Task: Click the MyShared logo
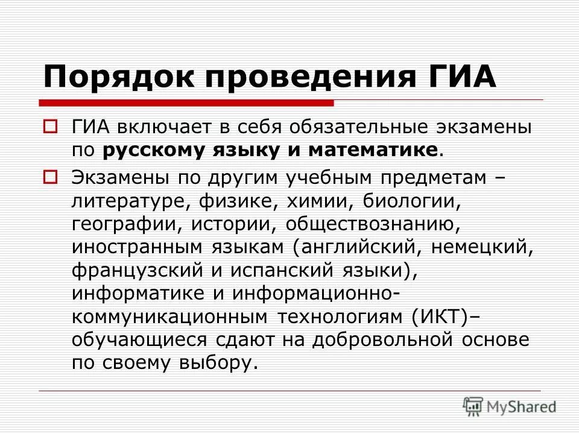[x=510, y=406]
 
